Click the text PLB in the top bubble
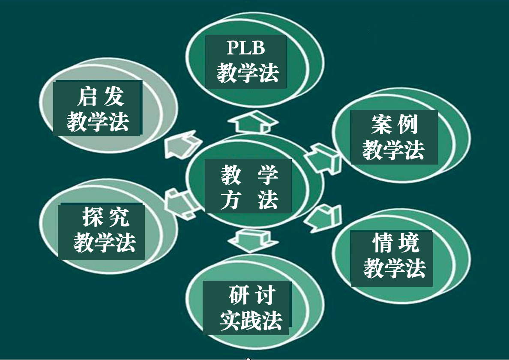tap(246, 48)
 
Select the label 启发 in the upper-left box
tap(100, 97)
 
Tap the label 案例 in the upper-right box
tap(394, 125)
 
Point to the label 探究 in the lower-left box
tap(105, 216)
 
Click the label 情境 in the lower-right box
tap(395, 243)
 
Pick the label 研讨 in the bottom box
tap(252, 294)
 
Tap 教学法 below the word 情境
tap(395, 268)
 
